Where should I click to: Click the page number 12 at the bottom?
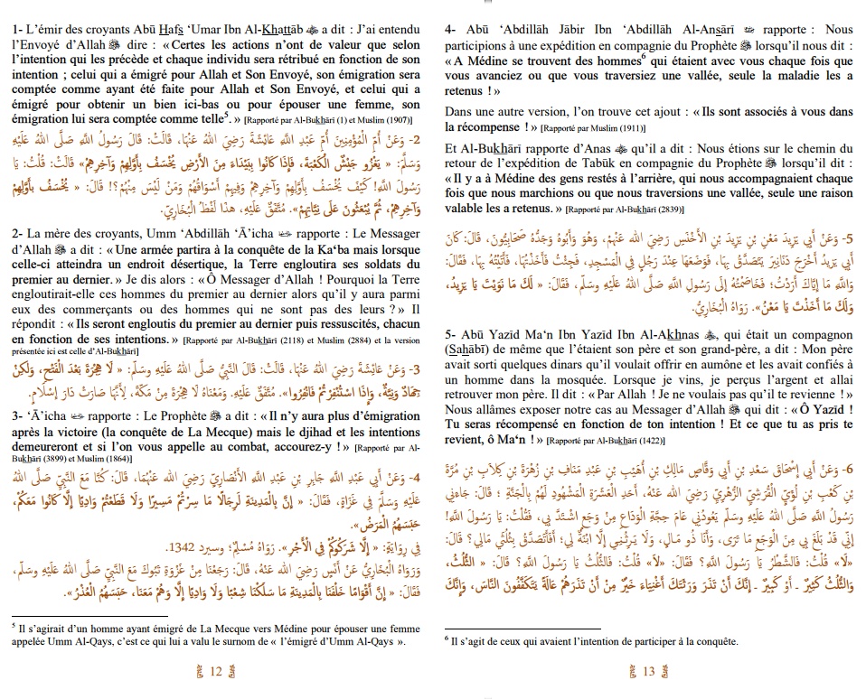215,669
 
